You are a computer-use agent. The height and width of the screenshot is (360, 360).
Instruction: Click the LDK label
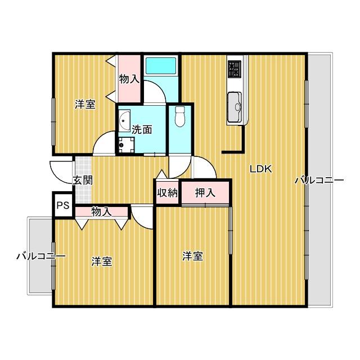click(x=261, y=168)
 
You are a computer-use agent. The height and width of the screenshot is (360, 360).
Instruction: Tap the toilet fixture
click(x=180, y=116)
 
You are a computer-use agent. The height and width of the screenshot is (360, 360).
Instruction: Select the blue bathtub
click(x=161, y=66)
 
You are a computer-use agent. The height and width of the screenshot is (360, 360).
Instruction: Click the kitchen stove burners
click(x=235, y=70)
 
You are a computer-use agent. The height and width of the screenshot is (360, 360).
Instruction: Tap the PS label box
click(x=62, y=205)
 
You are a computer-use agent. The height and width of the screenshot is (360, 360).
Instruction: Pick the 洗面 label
click(x=142, y=129)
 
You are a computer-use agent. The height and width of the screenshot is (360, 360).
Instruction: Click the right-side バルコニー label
click(x=319, y=181)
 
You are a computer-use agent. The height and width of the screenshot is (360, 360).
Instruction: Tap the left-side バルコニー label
click(x=40, y=256)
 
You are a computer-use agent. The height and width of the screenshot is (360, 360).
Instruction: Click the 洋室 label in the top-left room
click(x=85, y=104)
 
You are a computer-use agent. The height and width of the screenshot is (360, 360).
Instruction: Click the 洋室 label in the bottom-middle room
click(x=192, y=256)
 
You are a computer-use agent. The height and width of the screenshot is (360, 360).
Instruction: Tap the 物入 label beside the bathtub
click(x=129, y=78)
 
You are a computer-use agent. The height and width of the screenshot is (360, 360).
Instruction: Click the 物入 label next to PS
click(x=101, y=211)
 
